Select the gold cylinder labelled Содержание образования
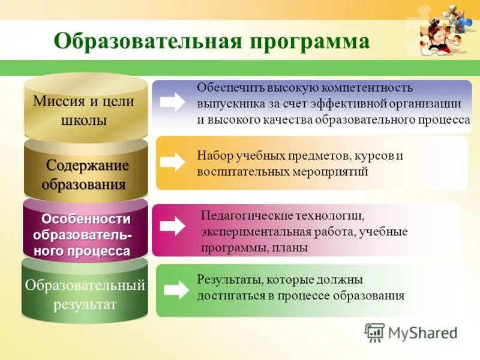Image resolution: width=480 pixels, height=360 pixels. (86, 174)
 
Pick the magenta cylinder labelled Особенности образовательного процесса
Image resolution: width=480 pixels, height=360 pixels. (85, 235)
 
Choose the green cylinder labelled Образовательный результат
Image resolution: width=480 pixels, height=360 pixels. (85, 294)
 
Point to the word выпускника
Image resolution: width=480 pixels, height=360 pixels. (227, 104)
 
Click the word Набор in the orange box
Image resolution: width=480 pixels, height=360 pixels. (212, 156)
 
